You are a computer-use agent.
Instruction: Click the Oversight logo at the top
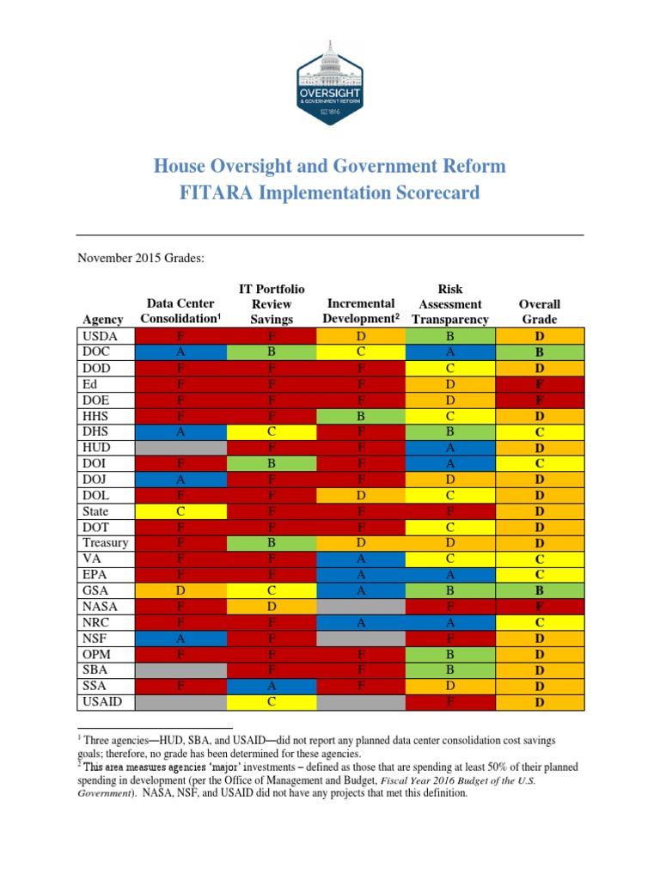(330, 82)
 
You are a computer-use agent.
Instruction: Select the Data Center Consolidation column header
(180, 311)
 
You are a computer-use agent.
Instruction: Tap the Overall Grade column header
(540, 311)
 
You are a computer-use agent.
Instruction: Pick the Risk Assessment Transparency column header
(450, 303)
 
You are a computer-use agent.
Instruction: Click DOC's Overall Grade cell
(540, 351)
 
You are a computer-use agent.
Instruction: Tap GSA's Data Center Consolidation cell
(180, 590)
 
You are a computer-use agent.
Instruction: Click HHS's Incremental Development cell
(362, 415)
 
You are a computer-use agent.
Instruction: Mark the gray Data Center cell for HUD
(180, 447)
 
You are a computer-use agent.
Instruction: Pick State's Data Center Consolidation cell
(180, 510)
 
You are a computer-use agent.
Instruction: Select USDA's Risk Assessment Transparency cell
(450, 335)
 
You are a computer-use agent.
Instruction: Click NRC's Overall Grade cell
(540, 622)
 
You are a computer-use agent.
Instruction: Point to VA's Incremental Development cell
(362, 559)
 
